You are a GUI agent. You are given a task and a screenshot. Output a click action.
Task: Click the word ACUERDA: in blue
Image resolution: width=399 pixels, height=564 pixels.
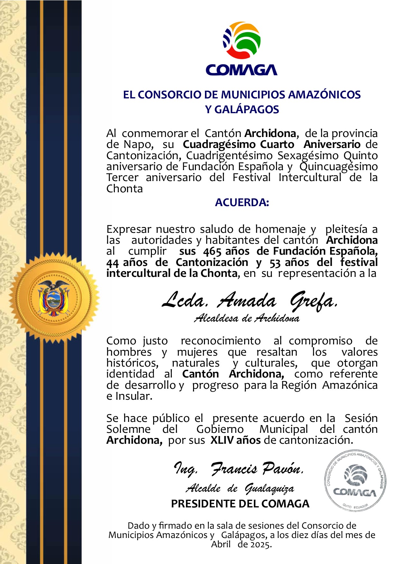point(242,203)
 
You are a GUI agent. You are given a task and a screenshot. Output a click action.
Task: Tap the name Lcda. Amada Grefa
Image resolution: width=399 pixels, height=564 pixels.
point(249,301)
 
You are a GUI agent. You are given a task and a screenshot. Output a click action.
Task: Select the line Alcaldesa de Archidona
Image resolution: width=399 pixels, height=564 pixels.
point(247,318)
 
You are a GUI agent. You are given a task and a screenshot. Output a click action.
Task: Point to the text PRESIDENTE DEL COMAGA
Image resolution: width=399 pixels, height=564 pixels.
point(240,504)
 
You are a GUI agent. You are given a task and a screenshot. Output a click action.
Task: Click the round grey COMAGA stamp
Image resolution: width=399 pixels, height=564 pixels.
point(355,480)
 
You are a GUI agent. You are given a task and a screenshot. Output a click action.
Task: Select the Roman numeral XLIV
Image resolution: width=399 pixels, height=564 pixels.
point(222,440)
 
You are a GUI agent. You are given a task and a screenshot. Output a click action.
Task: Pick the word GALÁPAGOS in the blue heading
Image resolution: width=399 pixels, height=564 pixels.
point(247,110)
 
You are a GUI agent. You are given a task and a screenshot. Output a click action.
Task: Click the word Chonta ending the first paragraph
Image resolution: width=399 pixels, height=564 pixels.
point(125,189)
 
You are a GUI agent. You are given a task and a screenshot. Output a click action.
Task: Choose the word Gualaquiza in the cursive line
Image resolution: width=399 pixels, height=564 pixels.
point(269,489)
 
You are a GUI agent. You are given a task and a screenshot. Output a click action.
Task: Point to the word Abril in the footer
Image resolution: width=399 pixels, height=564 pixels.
point(221,544)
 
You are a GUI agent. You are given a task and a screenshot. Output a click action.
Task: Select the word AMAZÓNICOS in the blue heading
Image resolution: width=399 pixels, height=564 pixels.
point(324,95)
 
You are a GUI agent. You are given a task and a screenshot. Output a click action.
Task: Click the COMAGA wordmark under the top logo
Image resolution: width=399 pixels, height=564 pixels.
point(241,70)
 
